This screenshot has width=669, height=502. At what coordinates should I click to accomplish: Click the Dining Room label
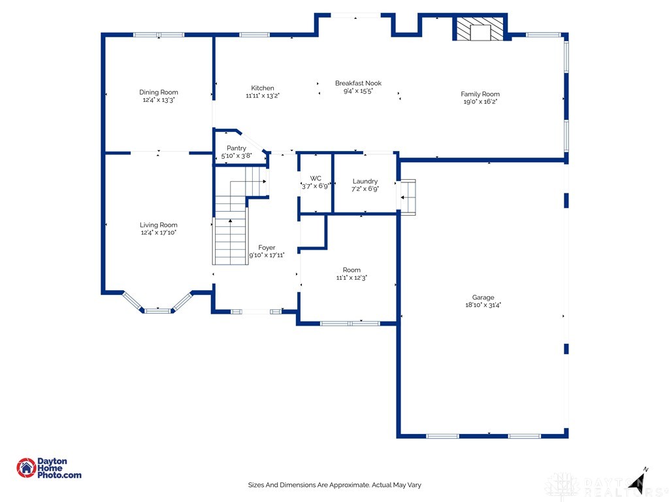pyautogui.click(x=158, y=92)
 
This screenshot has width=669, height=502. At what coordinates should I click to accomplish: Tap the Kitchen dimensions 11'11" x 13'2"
pyautogui.click(x=262, y=96)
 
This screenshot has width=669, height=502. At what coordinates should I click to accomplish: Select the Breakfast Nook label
pyautogui.click(x=358, y=83)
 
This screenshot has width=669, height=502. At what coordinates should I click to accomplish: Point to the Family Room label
pyautogui.click(x=480, y=94)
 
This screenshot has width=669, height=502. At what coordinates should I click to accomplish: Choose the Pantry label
pyautogui.click(x=236, y=148)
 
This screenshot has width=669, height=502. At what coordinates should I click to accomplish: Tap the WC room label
pyautogui.click(x=316, y=178)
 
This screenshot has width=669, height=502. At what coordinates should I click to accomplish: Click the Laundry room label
pyautogui.click(x=365, y=181)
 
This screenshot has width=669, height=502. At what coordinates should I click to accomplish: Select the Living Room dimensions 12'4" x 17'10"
pyautogui.click(x=158, y=232)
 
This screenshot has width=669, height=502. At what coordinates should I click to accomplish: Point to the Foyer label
pyautogui.click(x=267, y=247)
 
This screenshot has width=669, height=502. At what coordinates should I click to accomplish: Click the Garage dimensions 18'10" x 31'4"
pyautogui.click(x=483, y=305)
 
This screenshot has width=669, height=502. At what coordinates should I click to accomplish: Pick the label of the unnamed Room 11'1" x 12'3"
pyautogui.click(x=351, y=270)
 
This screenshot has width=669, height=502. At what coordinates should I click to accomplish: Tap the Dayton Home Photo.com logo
pyautogui.click(x=49, y=468)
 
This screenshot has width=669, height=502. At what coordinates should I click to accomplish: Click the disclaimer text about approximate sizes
pyautogui.click(x=334, y=485)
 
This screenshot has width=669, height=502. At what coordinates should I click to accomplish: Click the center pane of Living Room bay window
pyautogui.click(x=157, y=310)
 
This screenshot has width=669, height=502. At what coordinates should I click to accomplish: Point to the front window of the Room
pyautogui.click(x=350, y=323)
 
